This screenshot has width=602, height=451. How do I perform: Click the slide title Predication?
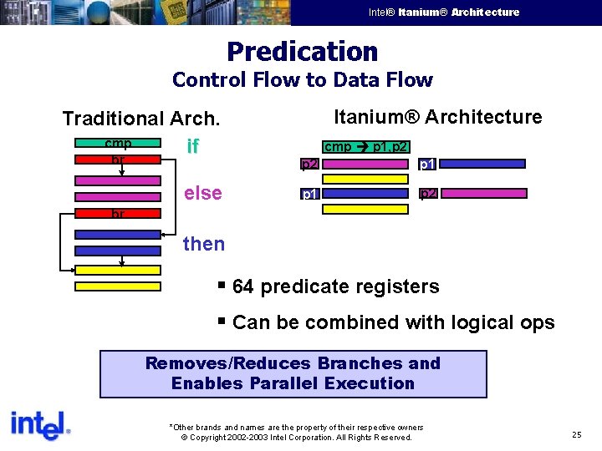coord(302,52)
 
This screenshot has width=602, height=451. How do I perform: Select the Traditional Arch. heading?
coord(141,119)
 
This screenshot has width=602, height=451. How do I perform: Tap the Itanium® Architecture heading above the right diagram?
coord(437,117)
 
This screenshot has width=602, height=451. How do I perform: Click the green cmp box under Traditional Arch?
coord(118,144)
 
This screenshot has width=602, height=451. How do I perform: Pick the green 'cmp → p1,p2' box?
coord(365,147)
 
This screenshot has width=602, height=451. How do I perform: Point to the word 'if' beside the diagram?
coord(192,147)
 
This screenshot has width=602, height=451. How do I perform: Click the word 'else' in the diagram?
coord(202,193)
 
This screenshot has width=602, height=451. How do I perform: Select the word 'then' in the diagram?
coord(204,244)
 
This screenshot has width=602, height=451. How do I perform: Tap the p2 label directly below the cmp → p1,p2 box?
coord(309,164)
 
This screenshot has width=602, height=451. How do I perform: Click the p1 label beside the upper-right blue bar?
coord(426,164)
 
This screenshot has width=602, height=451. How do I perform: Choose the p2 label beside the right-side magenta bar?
coord(427,194)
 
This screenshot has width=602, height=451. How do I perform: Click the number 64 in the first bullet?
coord(243,286)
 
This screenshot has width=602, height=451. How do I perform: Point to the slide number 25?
coord(577,434)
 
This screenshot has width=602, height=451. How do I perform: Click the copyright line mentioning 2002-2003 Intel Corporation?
coord(296,437)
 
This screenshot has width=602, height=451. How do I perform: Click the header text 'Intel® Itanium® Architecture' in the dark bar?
coord(444,13)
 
